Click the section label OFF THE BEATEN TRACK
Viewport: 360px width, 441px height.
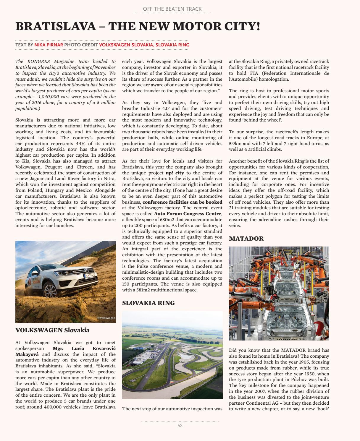tap(172, 9)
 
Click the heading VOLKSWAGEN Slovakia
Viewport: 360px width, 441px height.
tap(52, 330)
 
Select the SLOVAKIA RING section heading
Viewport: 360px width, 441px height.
tap(148, 303)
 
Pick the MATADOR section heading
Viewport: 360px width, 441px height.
tap(246, 239)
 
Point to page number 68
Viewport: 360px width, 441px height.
tap(180, 426)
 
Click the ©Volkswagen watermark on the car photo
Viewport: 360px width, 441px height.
tap(106, 318)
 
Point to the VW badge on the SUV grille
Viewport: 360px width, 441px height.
tap(86, 270)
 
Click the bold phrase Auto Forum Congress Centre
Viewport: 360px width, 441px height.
tap(188, 214)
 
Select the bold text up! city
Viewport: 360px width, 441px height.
tap(175, 173)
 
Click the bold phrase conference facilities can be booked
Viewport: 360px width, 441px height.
tap(182, 202)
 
